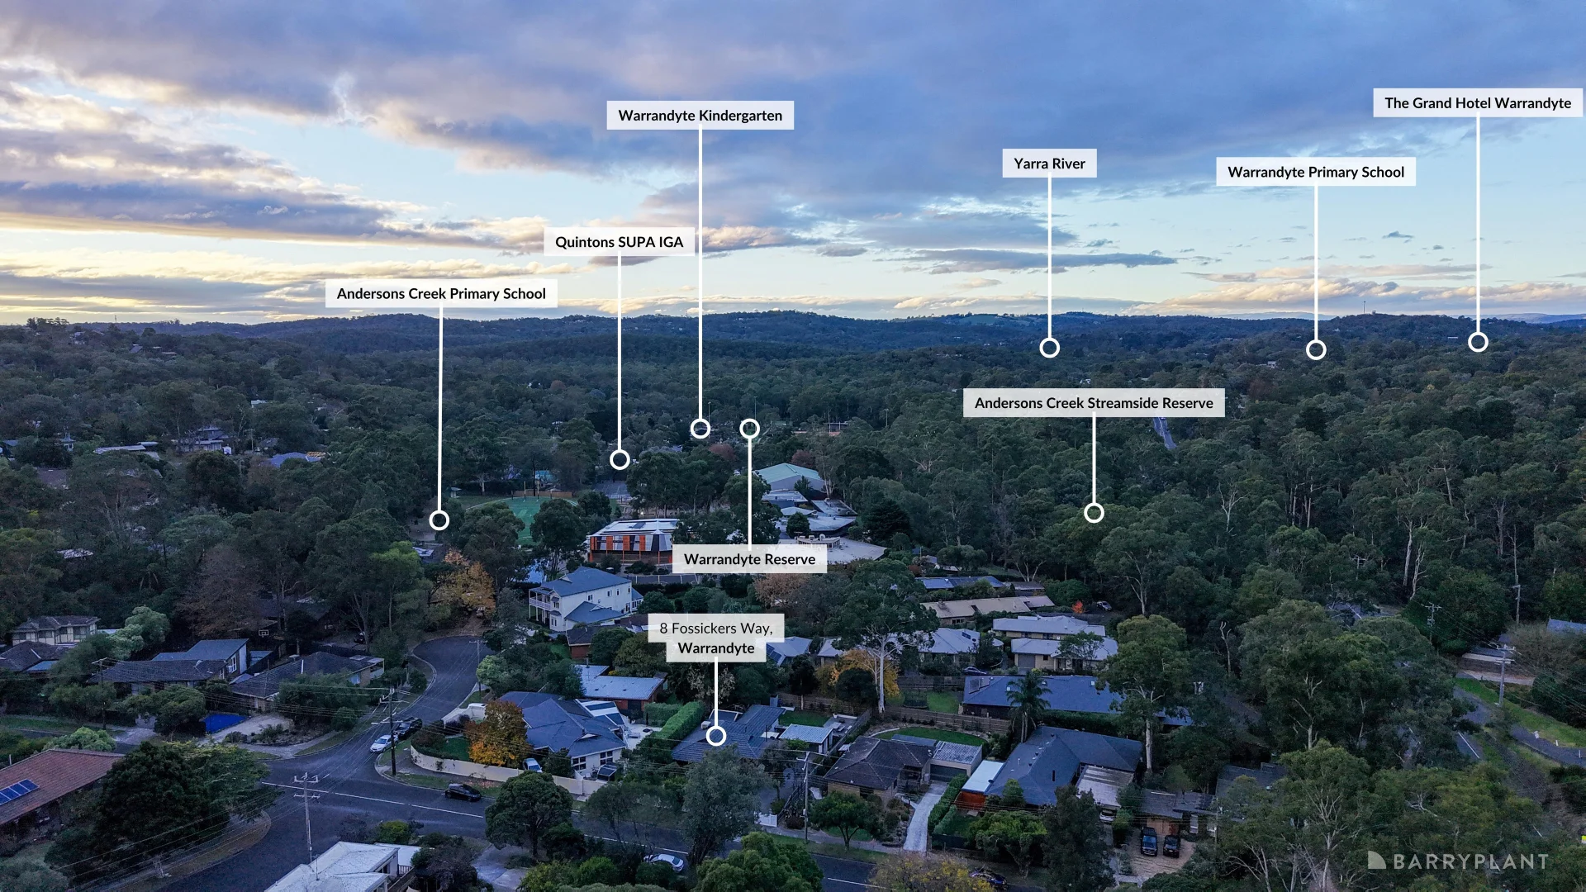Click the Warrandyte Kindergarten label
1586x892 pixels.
700,116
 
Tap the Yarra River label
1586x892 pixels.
1049,164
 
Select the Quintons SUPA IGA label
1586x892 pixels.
619,242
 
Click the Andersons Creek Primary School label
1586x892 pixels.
441,294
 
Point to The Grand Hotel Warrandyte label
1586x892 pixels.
1478,103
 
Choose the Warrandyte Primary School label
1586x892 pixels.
1316,172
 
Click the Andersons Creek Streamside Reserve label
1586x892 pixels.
1094,403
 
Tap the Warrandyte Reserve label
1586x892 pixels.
749,559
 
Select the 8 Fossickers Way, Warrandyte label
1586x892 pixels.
716,638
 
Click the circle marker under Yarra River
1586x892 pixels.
1049,348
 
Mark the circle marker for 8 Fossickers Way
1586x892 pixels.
716,736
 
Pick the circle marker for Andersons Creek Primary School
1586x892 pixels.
439,520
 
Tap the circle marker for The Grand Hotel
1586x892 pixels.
1478,342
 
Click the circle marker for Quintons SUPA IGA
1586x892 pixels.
620,460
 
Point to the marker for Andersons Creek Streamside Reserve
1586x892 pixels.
1094,513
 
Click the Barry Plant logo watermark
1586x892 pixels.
1458,861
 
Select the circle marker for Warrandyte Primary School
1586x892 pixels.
1316,350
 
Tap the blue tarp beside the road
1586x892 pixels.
225,723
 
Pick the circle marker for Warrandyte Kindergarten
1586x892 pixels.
700,429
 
